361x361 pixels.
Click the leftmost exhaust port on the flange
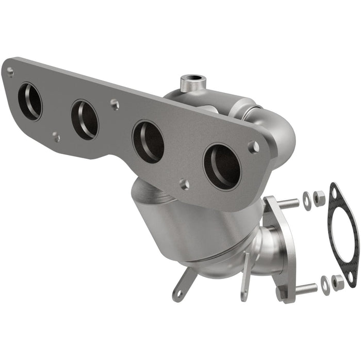point(30,101)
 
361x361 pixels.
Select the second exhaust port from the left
point(85,119)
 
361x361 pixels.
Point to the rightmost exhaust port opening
point(222,167)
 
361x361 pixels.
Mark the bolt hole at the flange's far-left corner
point(10,72)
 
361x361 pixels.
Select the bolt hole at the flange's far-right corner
point(253,146)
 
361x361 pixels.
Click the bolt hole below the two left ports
point(56,137)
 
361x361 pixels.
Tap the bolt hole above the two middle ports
point(114,104)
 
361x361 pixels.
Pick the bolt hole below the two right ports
point(183,184)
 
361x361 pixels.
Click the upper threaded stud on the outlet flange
point(289,203)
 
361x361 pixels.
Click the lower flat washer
point(324,285)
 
